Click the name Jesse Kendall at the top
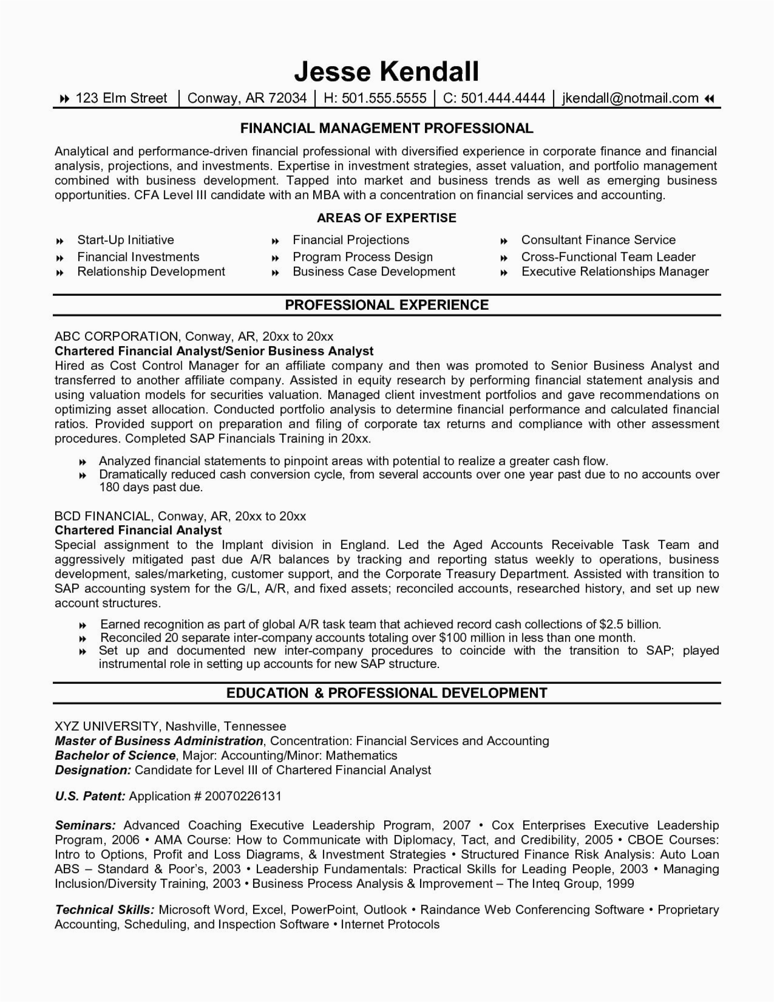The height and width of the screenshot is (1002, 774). click(387, 71)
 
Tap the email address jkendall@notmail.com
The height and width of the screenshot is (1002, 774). click(630, 98)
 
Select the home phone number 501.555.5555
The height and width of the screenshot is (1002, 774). click(384, 98)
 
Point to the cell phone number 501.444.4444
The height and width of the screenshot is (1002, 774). click(503, 98)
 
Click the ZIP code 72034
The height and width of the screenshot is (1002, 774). click(287, 98)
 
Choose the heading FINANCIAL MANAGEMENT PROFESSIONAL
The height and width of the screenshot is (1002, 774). click(387, 128)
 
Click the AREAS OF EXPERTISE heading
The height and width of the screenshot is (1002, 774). click(387, 218)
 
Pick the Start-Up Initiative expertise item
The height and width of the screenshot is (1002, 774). click(126, 240)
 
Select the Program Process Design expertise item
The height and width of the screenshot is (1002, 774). click(363, 257)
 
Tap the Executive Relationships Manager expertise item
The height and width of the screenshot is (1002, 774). click(615, 271)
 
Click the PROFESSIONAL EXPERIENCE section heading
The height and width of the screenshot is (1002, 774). click(387, 305)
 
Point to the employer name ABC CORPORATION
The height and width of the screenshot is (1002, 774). click(116, 336)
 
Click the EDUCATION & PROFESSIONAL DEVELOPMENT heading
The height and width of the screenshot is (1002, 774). click(387, 693)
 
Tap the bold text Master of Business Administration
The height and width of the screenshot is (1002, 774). click(159, 741)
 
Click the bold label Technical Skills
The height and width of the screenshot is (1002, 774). click(104, 910)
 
